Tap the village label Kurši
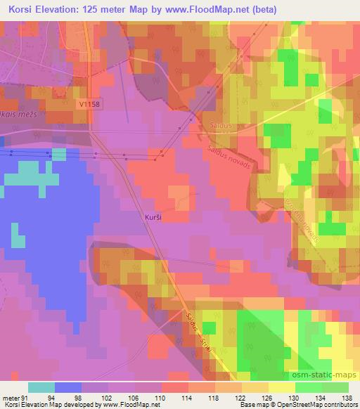[153, 219]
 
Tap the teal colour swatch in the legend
[41, 388]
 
